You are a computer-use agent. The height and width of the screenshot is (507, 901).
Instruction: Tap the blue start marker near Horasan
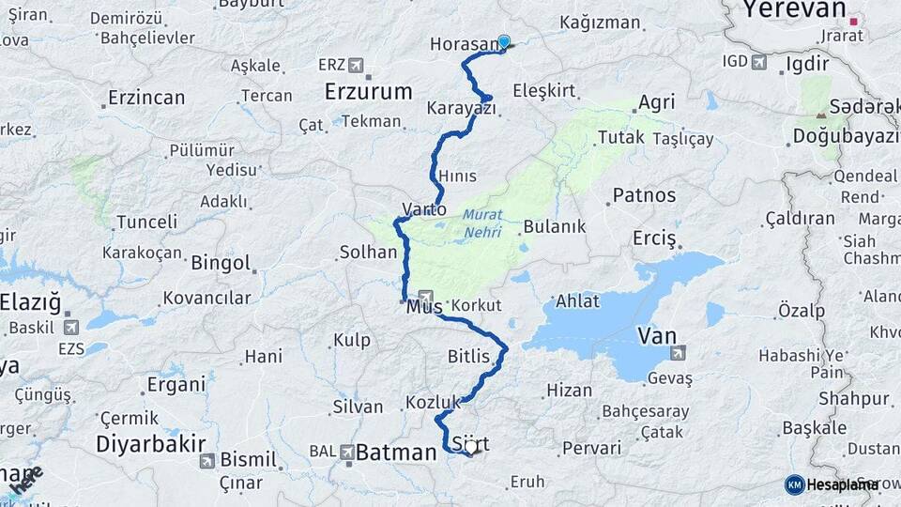tap(504, 41)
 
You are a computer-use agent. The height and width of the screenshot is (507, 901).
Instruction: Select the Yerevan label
tap(794, 10)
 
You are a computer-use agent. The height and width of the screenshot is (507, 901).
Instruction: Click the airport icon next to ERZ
tap(356, 65)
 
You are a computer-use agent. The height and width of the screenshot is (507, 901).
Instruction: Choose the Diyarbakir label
tap(144, 443)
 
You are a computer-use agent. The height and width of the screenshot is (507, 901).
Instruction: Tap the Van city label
tap(656, 335)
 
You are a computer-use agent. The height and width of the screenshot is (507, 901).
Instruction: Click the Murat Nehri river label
tap(482, 223)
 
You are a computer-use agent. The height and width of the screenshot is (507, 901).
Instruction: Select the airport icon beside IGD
tap(758, 63)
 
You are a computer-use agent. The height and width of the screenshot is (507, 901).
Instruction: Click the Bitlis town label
tap(468, 357)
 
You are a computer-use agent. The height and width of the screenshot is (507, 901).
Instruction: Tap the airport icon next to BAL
tap(347, 452)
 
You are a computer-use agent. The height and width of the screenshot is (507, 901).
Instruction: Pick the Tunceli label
tap(145, 223)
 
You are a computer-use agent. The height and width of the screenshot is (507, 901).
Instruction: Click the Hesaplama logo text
tap(840, 484)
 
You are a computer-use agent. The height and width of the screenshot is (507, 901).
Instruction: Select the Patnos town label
tap(643, 195)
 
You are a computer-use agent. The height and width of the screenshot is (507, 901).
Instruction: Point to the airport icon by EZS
tap(71, 328)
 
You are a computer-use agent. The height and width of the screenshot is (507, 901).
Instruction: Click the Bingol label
tap(221, 263)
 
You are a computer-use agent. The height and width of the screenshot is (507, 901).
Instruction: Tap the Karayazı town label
tap(461, 109)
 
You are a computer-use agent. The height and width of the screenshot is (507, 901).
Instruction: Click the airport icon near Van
tap(678, 353)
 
